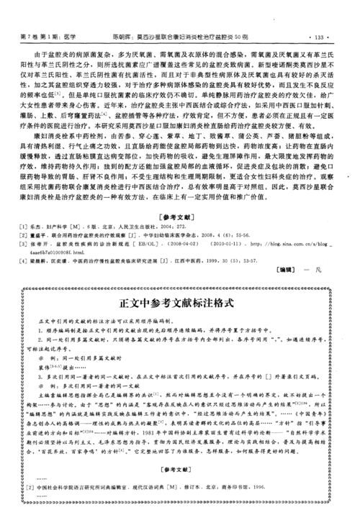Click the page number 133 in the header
pyautogui.click(x=318, y=36)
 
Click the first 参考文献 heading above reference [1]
pyautogui.click(x=179, y=217)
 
